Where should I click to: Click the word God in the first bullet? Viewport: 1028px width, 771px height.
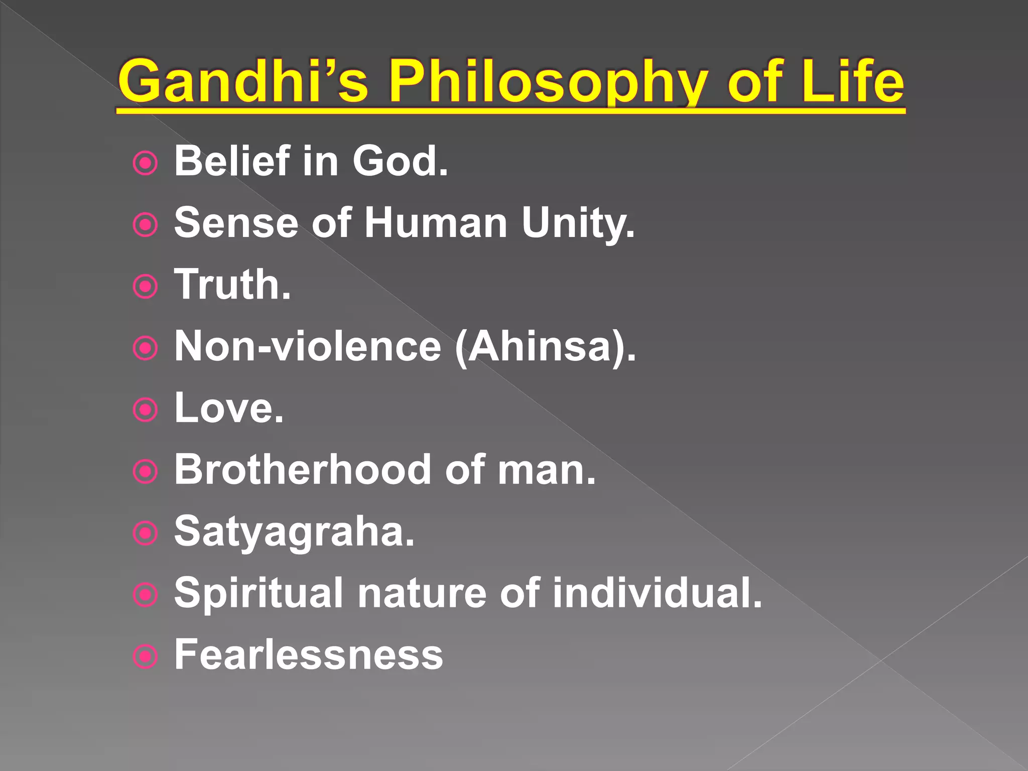(x=399, y=162)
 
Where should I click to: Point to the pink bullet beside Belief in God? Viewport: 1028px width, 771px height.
(x=146, y=164)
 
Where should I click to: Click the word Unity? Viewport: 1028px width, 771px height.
(x=577, y=223)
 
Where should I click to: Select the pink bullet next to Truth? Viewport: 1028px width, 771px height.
(x=146, y=287)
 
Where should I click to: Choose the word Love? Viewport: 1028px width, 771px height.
(x=228, y=408)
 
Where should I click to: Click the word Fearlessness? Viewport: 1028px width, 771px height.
(x=308, y=655)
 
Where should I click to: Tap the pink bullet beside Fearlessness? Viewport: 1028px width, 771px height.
(x=146, y=657)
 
